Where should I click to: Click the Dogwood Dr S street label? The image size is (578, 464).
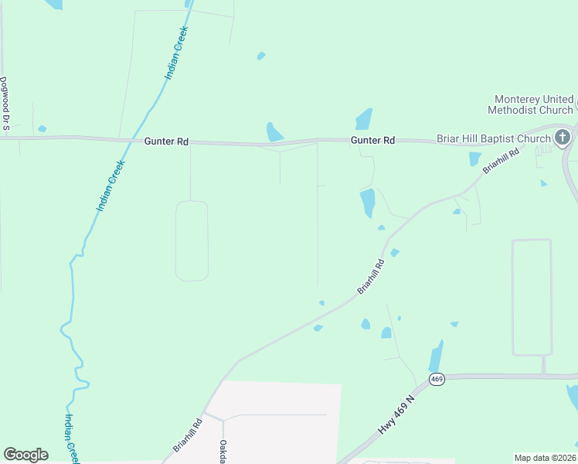tap(4, 101)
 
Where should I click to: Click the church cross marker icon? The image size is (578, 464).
tap(563, 138)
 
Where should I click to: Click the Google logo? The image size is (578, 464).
tap(25, 454)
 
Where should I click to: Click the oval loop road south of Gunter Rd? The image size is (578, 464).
tap(192, 241)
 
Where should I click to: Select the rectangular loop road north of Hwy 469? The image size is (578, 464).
tap(532, 297)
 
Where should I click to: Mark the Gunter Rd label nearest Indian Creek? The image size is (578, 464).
tap(166, 142)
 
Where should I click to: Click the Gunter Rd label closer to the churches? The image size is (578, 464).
tap(373, 140)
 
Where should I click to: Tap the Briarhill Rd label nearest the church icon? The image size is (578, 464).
tap(501, 159)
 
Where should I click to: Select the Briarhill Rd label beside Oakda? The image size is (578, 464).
tap(188, 435)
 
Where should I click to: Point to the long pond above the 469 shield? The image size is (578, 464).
tap(436, 357)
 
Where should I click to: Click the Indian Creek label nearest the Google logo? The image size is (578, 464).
tap(70, 437)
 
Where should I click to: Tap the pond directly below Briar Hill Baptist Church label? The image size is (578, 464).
tap(474, 159)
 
